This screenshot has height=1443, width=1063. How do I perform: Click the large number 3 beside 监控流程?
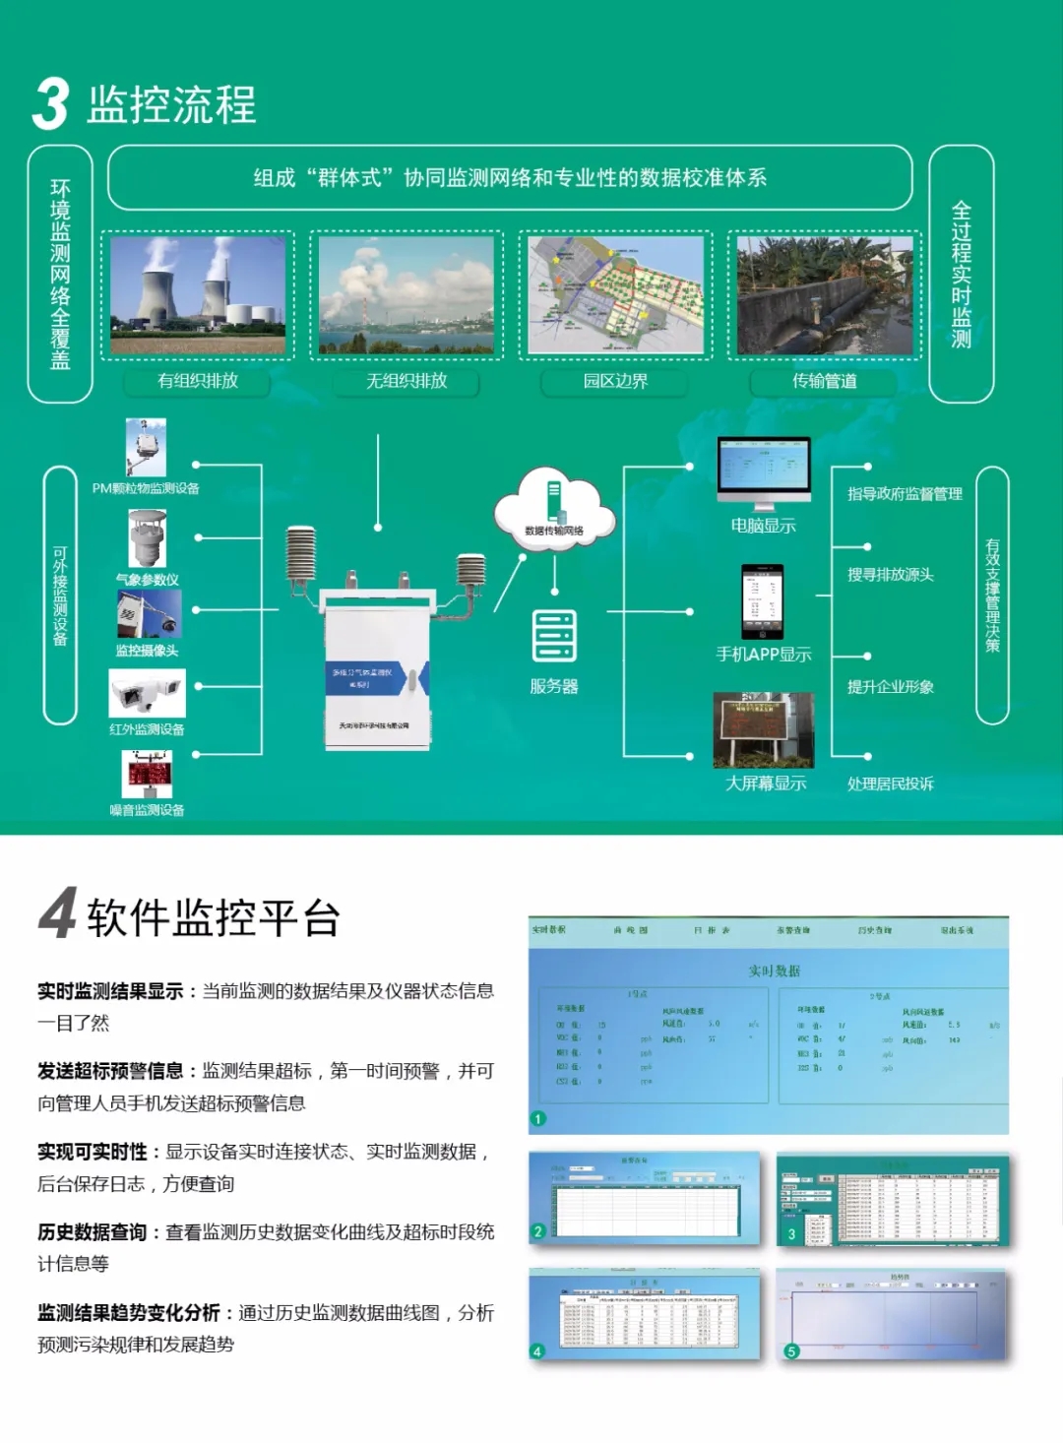50,104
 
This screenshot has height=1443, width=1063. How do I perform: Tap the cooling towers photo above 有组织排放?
198,295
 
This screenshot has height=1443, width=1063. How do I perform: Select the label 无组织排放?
406,381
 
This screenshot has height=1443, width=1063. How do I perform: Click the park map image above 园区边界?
615,295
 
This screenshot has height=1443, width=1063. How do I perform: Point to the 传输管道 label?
824,381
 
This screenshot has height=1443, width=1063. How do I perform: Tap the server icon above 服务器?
554,636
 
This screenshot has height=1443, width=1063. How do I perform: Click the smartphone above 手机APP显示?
762,601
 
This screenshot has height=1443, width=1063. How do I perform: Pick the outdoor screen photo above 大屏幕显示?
763,729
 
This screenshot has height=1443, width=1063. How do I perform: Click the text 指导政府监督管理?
905,494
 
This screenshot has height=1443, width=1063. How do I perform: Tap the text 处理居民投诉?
890,784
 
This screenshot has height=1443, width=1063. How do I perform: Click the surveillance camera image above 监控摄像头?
149,614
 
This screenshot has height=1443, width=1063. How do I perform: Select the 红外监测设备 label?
147,729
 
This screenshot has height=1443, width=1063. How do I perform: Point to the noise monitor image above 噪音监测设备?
147,774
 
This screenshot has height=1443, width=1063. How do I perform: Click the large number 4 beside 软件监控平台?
58,913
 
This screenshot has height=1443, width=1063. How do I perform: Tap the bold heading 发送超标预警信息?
110,1071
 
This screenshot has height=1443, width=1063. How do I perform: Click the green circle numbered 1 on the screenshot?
537,1118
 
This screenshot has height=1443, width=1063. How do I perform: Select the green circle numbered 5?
790,1351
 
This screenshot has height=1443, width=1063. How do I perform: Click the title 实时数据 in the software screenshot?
774,971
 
